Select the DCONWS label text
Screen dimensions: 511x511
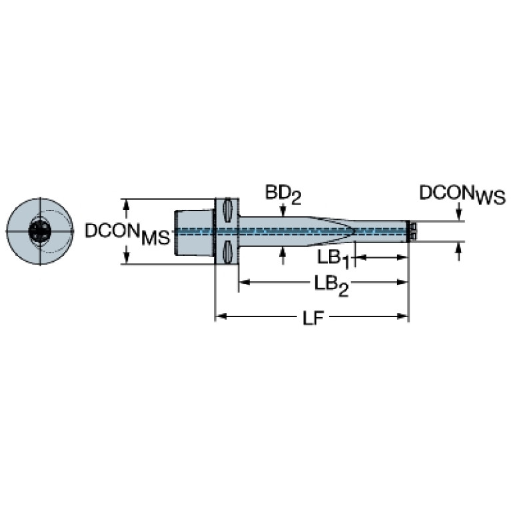[462, 195]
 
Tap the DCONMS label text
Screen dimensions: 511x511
[128, 233]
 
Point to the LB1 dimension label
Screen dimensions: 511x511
[334, 260]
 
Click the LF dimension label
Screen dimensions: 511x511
[314, 318]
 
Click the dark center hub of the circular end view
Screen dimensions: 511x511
[40, 231]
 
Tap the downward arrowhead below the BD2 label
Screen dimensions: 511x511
[282, 211]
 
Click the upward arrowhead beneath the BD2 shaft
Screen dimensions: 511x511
[282, 251]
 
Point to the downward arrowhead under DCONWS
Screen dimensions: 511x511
[459, 215]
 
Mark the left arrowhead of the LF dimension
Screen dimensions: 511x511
[221, 316]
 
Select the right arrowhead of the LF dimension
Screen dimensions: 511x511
[402, 316]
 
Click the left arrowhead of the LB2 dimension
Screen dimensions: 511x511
[245, 282]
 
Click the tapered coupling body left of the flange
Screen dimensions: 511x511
[195, 232]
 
